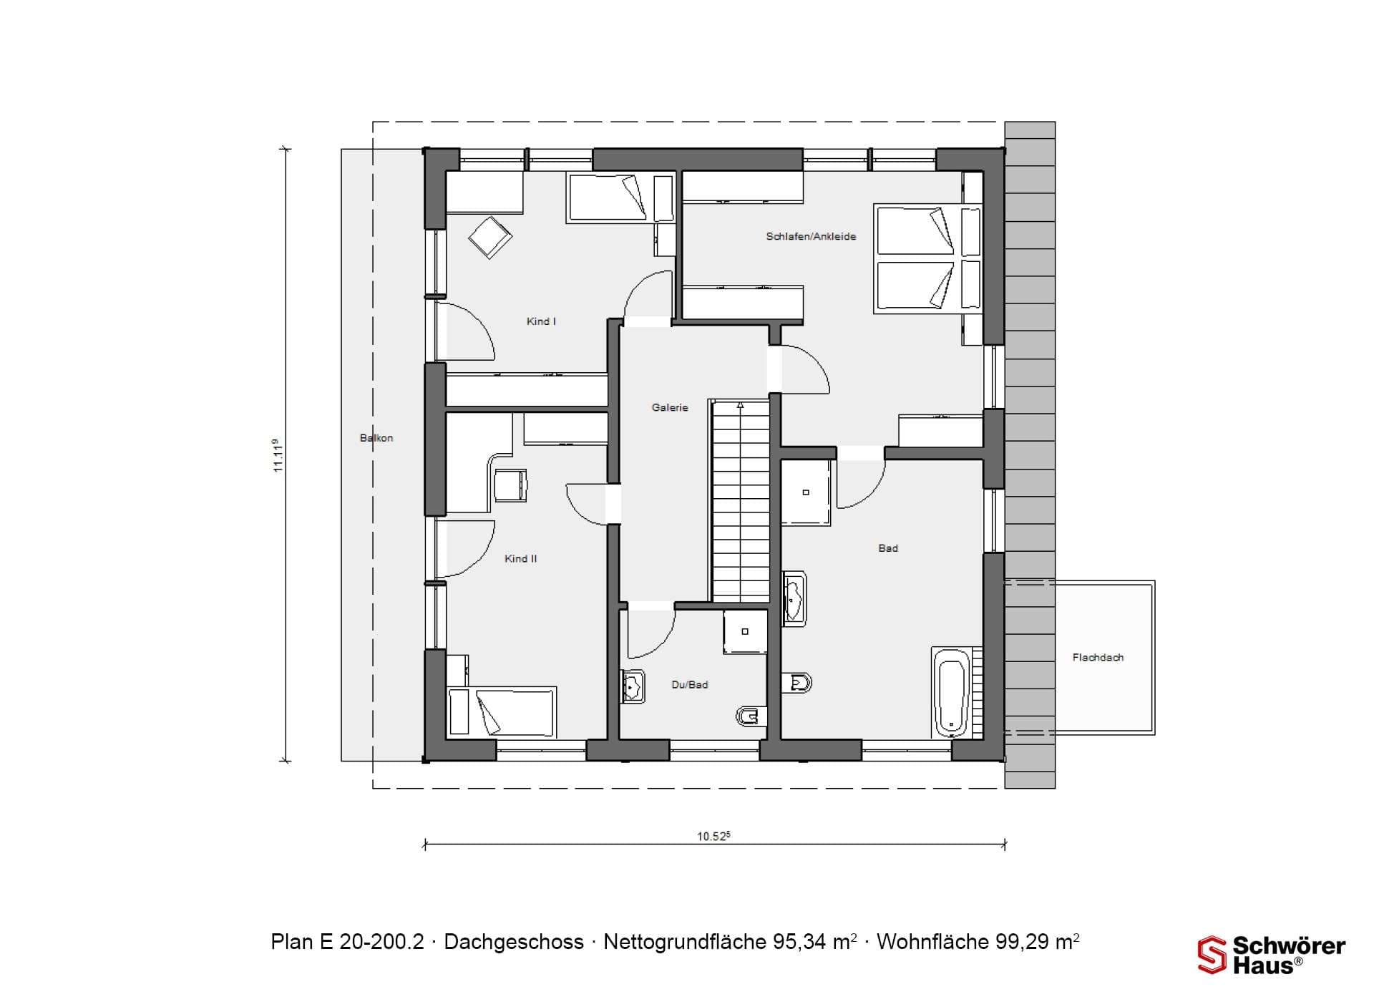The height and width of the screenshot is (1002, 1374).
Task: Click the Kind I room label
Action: coord(541,321)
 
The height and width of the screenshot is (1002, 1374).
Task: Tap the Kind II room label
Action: coord(520,558)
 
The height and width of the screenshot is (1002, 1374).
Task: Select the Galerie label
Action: coord(670,407)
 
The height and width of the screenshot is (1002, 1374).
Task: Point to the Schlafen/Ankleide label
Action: coord(811,236)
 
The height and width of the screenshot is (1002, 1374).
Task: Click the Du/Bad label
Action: coord(690,685)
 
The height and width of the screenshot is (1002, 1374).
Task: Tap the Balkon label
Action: coord(376,438)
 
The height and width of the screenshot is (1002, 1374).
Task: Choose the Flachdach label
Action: coord(1098,657)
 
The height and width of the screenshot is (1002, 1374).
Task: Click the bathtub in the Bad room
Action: coord(951,693)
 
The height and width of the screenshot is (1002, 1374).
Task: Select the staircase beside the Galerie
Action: coord(740,501)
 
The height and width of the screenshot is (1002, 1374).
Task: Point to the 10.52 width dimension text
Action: coord(713,836)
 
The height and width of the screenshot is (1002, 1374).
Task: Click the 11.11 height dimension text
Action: coord(278,455)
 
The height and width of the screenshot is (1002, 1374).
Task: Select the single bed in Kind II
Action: coord(502,712)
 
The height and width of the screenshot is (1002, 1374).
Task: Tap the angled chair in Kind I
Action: coord(490,237)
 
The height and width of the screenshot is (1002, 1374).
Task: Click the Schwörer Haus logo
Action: coord(1271,955)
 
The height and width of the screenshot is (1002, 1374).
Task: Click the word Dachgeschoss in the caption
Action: coord(514,942)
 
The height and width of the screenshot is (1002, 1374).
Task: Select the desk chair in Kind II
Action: coord(510,485)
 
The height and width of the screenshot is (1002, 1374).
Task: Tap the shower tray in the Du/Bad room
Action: coord(745,631)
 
